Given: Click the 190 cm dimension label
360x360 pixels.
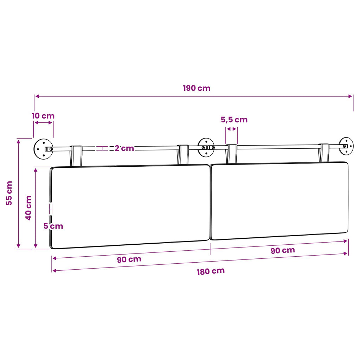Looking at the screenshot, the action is (197, 88).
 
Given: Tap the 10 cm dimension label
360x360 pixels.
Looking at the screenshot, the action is (43, 116).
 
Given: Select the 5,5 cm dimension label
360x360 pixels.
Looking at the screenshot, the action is (234, 120).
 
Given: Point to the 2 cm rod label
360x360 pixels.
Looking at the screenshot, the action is (124, 148).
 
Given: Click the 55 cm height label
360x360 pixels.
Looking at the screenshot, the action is (9, 193).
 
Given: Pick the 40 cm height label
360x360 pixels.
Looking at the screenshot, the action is (28, 208).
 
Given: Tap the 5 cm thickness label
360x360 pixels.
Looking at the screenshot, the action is (53, 226).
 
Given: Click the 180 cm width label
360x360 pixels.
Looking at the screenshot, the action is (211, 271).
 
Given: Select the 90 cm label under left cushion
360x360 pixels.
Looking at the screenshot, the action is (129, 259).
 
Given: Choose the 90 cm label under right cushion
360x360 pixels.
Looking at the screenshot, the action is (283, 250).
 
